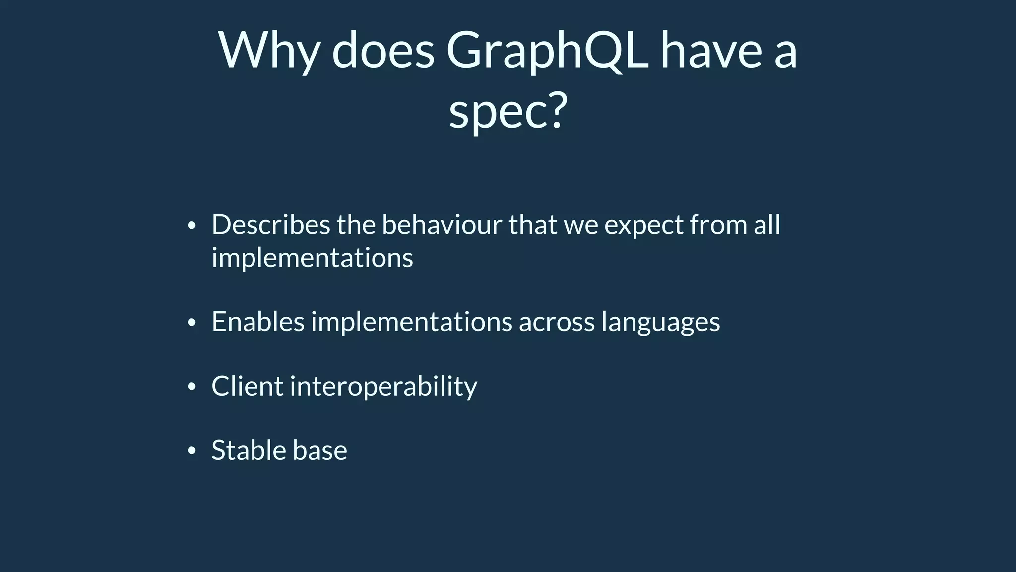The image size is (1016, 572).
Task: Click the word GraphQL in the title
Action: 547,51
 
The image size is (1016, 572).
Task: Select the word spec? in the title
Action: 508,112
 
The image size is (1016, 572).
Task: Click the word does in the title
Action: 383,51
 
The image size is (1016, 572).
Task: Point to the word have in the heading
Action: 710,51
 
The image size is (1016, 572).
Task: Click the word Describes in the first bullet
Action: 270,225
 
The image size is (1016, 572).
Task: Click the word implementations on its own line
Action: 312,258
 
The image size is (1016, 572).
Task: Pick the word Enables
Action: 257,322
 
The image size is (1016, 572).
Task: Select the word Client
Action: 247,386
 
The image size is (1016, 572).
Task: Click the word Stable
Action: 248,450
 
